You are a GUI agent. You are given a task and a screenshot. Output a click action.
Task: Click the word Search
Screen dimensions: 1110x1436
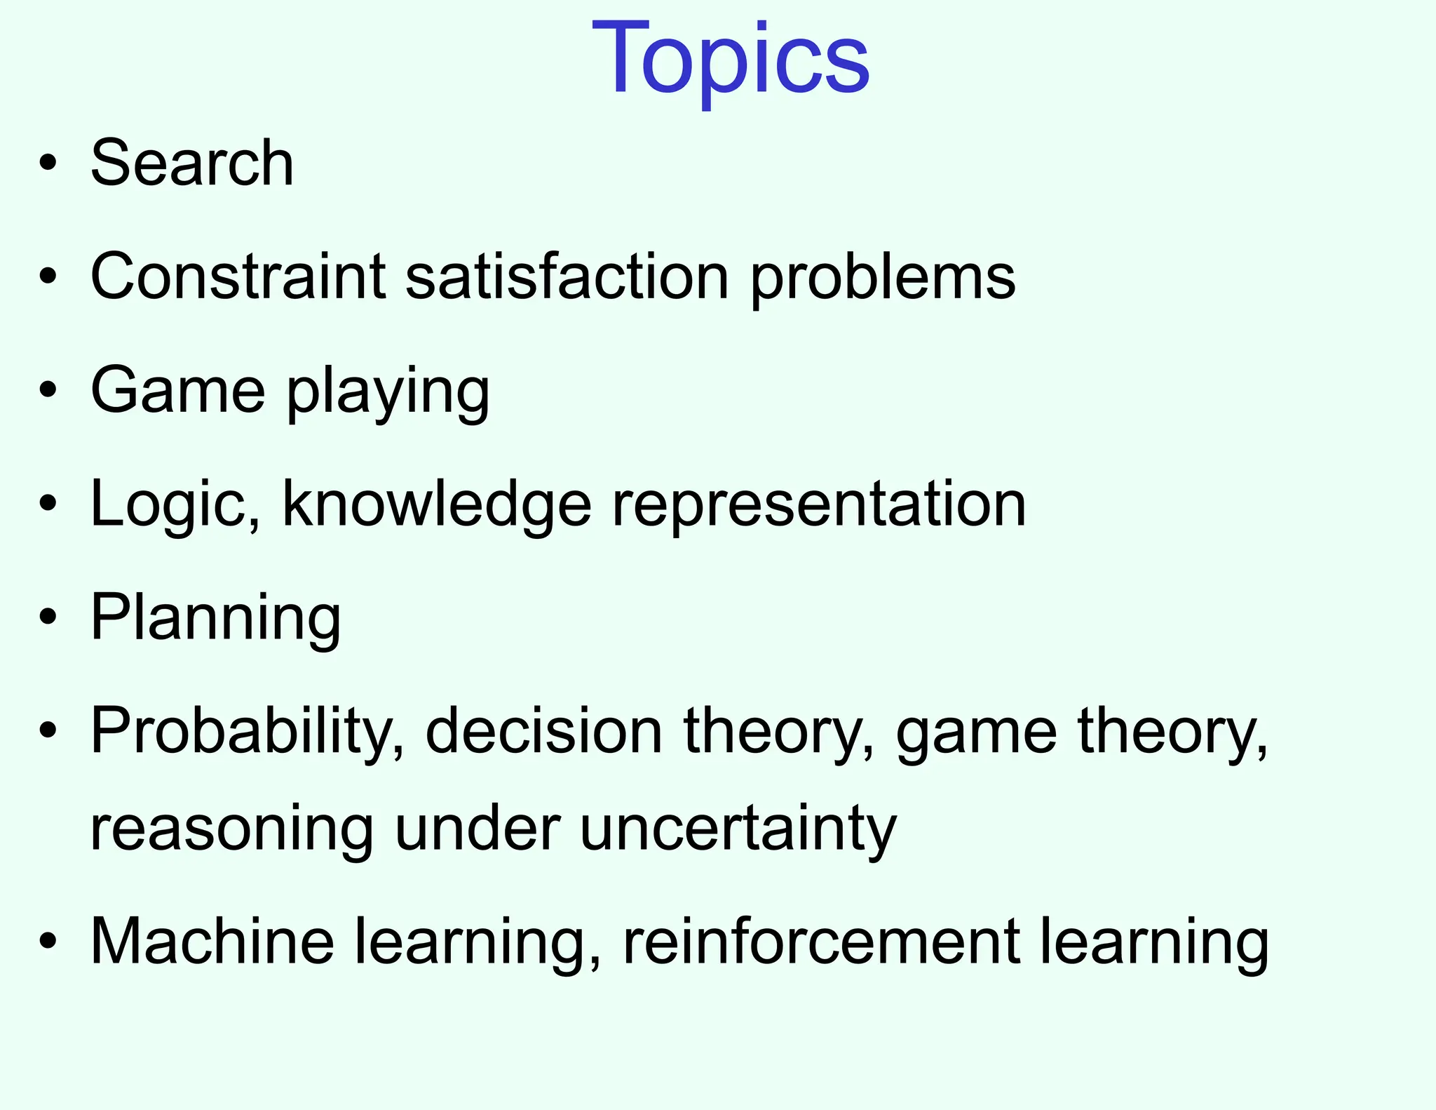coord(192,163)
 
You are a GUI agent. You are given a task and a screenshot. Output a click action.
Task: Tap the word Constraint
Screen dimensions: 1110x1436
coord(238,276)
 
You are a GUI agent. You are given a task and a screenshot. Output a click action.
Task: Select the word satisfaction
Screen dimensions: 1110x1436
coord(567,276)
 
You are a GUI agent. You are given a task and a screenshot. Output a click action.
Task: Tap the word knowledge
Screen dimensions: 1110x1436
coord(436,505)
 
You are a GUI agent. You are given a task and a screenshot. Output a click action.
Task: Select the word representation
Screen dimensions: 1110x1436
coord(819,505)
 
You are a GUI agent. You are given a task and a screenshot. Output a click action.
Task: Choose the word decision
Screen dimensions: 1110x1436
coord(543,731)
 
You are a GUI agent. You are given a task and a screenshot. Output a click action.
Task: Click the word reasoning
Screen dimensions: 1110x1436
coord(232,831)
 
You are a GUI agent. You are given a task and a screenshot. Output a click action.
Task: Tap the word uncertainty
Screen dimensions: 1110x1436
coord(738,829)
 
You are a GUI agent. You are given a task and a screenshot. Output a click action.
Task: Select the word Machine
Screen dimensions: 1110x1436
coord(212,942)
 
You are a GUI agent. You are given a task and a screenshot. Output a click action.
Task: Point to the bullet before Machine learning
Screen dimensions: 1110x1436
coord(48,942)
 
